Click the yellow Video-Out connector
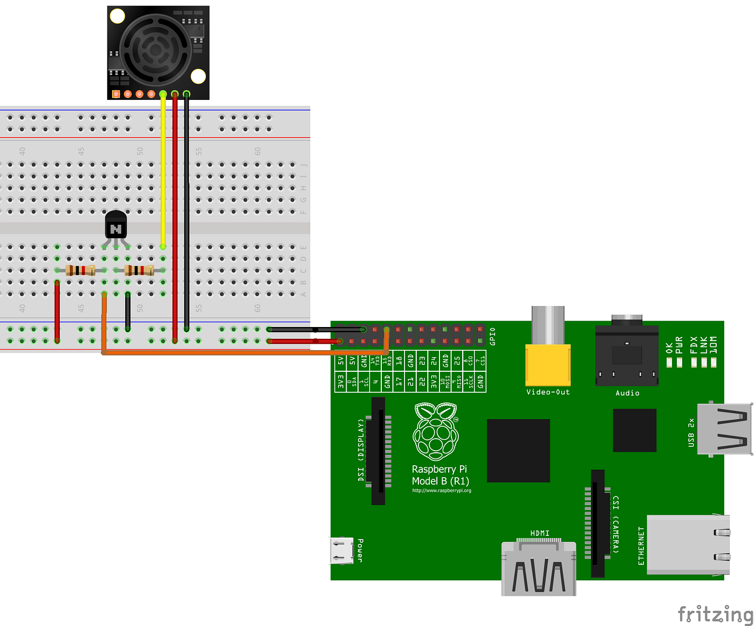(548, 365)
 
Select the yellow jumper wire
(163, 173)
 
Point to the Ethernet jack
(688, 544)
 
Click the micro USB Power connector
(341, 550)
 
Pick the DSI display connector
(379, 451)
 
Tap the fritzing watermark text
(715, 614)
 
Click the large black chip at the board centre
(518, 451)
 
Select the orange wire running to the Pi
(243, 352)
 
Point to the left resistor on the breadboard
(80, 270)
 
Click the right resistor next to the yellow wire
(139, 270)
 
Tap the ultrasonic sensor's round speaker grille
(155, 50)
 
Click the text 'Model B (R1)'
(440, 481)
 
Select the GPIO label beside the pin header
(492, 336)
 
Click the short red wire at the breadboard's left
(57, 312)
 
